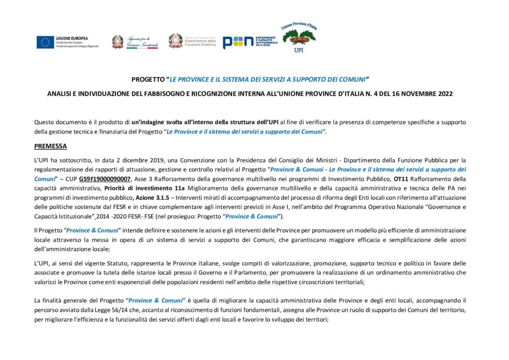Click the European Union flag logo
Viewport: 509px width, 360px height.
pyautogui.click(x=45, y=42)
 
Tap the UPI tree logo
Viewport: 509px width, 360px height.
pyautogui.click(x=299, y=38)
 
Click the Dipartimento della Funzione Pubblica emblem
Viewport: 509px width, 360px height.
pyautogui.click(x=175, y=41)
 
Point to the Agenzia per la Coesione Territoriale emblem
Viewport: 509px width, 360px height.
pyautogui.click(x=118, y=42)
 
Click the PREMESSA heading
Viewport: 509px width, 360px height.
pyautogui.click(x=50, y=146)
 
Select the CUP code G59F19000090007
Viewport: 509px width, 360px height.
pyautogui.click(x=108, y=178)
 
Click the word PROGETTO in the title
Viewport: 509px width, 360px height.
pyautogui.click(x=148, y=79)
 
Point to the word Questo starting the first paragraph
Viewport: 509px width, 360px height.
pyautogui.click(x=44, y=122)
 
